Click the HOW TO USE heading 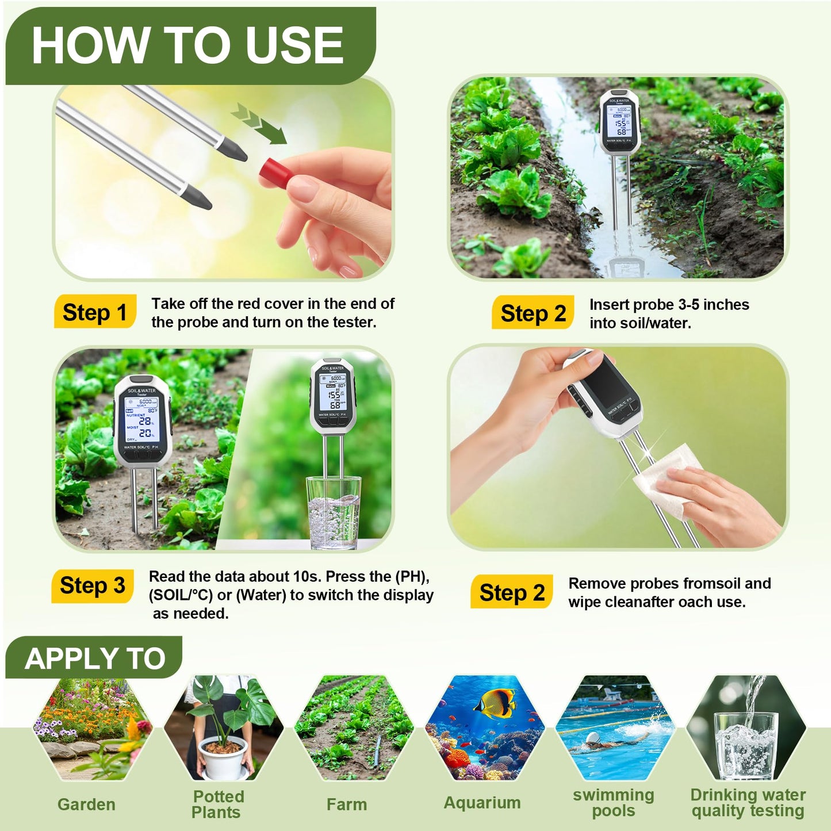(187, 46)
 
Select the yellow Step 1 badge (95, 312)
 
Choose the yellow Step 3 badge (93, 586)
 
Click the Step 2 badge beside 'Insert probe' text (533, 313)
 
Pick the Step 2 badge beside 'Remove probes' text (512, 592)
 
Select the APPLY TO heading (95, 658)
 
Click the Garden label (86, 804)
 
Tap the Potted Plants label (217, 804)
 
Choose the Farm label (346, 804)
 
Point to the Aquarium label (482, 802)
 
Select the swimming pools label (613, 802)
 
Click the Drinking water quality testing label (748, 802)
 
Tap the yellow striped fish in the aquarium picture (496, 703)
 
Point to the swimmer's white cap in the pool (592, 738)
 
